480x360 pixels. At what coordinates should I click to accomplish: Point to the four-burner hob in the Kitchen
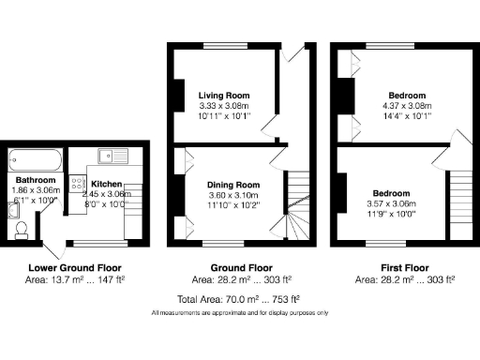coord(95,186)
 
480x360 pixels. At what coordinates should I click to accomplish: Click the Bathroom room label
coord(36,180)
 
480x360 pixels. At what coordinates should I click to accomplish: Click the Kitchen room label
coord(105,184)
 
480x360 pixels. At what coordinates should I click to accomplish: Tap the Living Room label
coord(224,96)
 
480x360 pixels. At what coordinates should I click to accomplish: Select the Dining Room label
coord(233,185)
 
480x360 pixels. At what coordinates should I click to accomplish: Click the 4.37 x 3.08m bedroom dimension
coord(406,107)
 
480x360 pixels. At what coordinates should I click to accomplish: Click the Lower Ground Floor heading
coord(71,267)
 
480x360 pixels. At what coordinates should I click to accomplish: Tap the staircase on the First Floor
coord(460,206)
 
